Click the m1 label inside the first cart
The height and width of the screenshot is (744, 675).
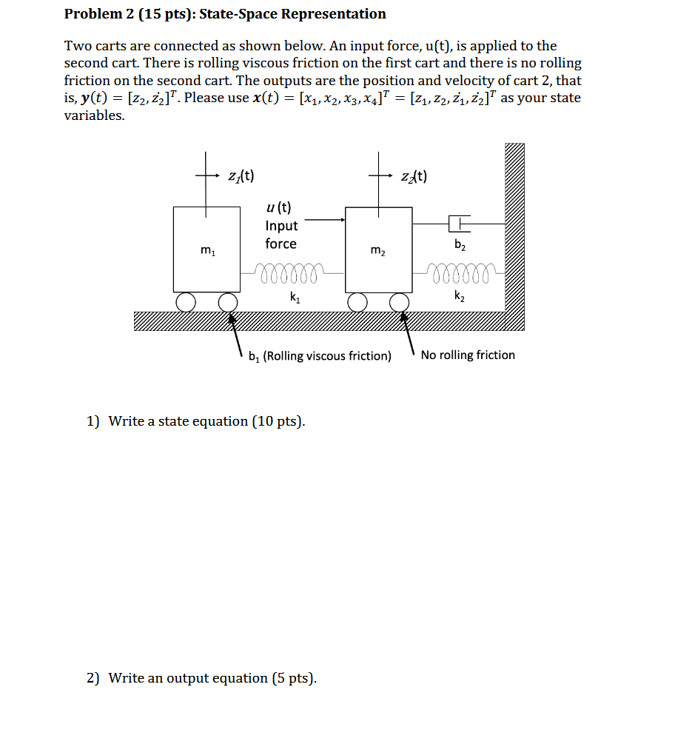(x=208, y=250)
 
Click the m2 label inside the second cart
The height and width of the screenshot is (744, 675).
(x=378, y=250)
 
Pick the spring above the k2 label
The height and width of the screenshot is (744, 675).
(x=459, y=273)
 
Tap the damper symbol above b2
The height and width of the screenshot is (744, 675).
(x=459, y=224)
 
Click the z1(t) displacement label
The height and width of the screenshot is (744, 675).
(x=241, y=176)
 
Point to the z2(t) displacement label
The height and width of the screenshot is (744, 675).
(x=414, y=176)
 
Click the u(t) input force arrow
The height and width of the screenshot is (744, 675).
(x=325, y=220)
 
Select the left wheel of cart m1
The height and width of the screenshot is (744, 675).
(x=186, y=302)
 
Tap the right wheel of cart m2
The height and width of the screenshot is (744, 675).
(x=400, y=302)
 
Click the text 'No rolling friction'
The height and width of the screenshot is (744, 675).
(x=468, y=355)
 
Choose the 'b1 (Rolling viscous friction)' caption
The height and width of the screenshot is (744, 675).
(x=320, y=356)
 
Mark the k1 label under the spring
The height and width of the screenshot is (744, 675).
(x=295, y=297)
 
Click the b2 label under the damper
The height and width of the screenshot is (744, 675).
(x=460, y=244)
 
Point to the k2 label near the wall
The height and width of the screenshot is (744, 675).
(x=460, y=295)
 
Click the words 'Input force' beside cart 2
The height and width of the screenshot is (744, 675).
(x=281, y=235)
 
